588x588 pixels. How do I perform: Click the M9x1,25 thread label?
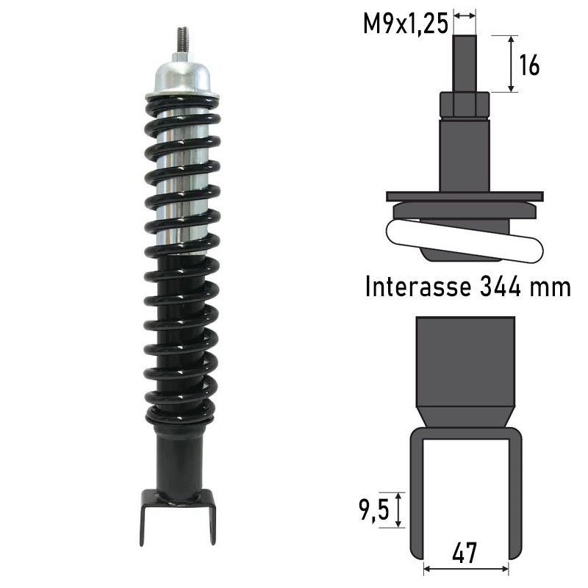(x=405, y=24)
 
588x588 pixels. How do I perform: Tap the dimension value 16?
(x=529, y=65)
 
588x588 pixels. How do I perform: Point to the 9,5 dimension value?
(x=373, y=509)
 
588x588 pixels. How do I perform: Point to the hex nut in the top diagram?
(x=465, y=104)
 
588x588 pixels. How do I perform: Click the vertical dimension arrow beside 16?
(x=512, y=64)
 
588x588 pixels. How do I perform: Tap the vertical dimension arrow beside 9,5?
(x=399, y=509)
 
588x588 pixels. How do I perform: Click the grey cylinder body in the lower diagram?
(x=465, y=360)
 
